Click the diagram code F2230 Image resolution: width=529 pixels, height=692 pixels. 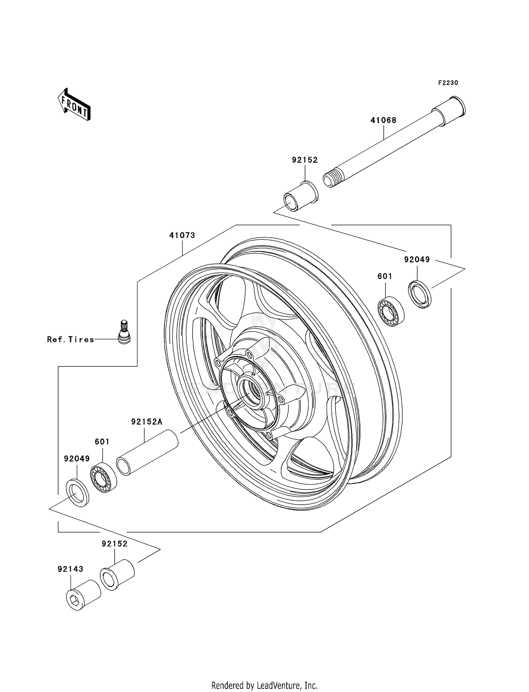click(x=448, y=83)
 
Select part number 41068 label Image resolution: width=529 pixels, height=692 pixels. click(x=383, y=120)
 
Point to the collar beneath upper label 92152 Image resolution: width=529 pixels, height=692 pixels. click(x=300, y=197)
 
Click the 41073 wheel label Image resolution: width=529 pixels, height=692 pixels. click(x=182, y=235)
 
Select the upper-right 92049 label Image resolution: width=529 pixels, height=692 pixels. click(x=417, y=260)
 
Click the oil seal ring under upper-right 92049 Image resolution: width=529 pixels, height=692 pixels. click(x=420, y=294)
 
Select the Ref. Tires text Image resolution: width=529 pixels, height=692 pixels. click(x=71, y=340)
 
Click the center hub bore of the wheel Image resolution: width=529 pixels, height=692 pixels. click(x=252, y=391)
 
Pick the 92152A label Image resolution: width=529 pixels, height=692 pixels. click(x=147, y=422)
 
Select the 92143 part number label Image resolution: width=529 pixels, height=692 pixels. click(x=71, y=569)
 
